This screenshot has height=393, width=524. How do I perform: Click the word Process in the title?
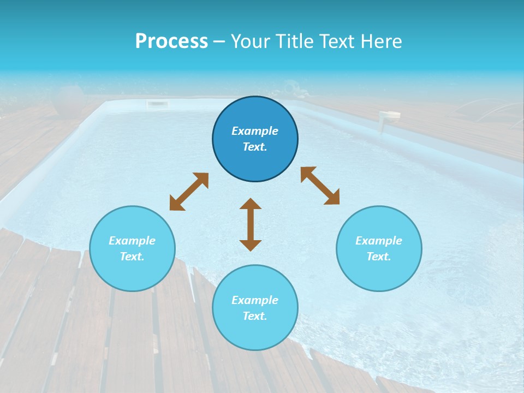coord(171,41)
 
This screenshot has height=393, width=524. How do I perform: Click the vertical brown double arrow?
coord(251,224)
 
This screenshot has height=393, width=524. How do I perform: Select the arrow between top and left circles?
coord(189,192)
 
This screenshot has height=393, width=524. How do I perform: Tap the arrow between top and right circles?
coord(320,186)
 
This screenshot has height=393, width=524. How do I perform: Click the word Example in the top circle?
coord(255,131)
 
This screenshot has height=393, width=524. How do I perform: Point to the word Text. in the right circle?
coord(379,257)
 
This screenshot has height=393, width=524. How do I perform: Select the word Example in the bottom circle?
coord(255,300)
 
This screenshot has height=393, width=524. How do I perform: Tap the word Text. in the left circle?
coord(132,257)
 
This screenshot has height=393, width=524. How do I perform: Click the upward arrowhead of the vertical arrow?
coord(251,204)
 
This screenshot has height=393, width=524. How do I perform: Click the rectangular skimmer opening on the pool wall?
coord(157,104)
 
